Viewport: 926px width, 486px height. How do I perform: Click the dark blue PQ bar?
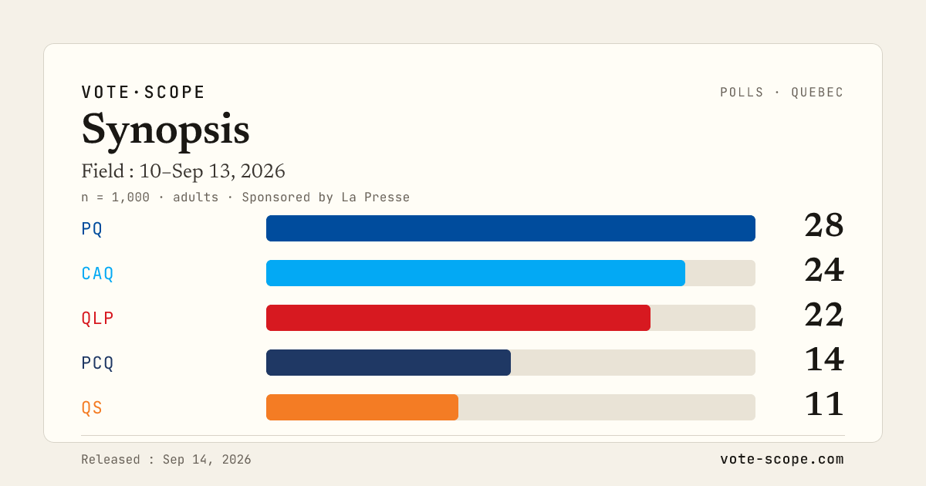point(511,228)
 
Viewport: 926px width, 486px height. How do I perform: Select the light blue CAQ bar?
point(475,273)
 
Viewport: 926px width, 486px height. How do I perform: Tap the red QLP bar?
point(458,318)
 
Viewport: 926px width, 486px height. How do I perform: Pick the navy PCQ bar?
point(388,363)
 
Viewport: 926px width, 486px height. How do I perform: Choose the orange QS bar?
point(362,407)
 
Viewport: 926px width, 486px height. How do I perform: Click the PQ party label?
point(92,228)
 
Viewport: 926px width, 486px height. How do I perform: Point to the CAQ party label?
point(97,273)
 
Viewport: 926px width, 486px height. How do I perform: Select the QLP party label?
point(97,318)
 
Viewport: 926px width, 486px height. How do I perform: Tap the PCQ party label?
point(97,363)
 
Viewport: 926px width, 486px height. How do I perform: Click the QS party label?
point(92,407)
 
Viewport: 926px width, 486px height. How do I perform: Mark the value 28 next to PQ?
point(824,225)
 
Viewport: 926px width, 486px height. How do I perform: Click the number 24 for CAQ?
point(824,270)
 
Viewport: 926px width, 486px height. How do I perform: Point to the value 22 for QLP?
point(824,315)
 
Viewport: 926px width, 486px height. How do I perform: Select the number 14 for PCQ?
point(824,359)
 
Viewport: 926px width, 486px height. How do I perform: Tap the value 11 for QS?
point(824,404)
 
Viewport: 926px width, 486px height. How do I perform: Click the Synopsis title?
point(165,130)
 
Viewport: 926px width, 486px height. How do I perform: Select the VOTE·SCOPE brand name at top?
point(143,92)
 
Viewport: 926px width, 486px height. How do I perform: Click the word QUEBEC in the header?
point(817,92)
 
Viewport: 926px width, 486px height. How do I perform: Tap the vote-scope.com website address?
point(782,459)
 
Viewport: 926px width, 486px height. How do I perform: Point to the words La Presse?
point(375,197)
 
